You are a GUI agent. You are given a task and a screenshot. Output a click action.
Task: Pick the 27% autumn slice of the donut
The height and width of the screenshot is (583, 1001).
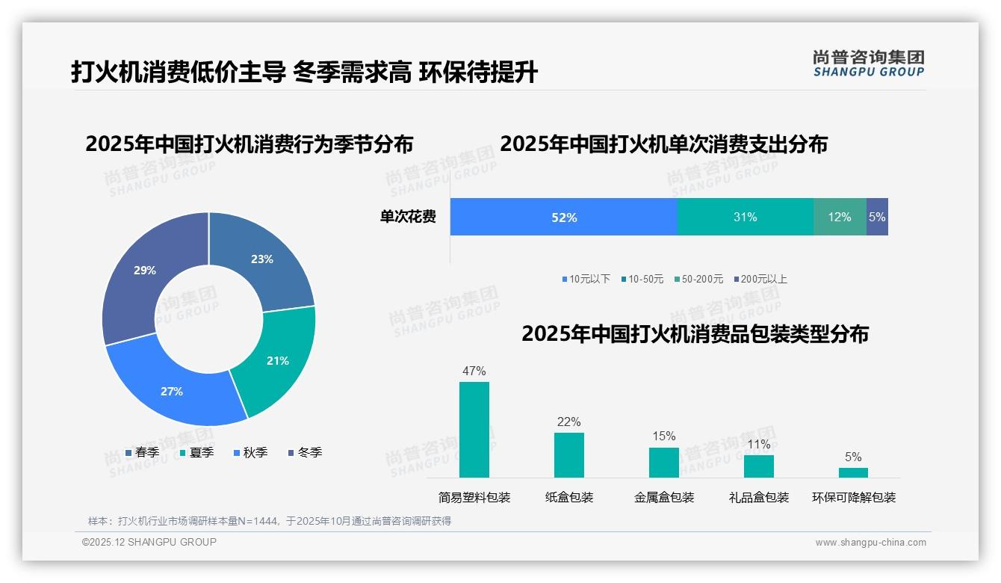click(x=172, y=391)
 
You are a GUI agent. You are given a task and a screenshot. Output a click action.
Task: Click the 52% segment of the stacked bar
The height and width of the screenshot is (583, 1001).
click(x=564, y=218)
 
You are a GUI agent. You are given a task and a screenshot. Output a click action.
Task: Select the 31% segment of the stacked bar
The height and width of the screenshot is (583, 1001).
click(x=745, y=218)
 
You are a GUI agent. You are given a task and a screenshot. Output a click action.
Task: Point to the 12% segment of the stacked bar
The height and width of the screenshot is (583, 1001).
click(x=840, y=218)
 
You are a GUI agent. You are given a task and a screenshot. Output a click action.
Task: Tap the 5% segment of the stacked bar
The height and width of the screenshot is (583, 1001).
click(x=877, y=218)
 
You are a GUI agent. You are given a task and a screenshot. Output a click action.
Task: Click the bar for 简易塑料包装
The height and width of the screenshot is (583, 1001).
click(x=474, y=430)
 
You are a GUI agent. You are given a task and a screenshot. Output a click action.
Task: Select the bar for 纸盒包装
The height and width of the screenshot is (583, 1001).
click(x=568, y=455)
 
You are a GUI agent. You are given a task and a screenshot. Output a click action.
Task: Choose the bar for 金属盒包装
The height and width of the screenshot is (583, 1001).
click(x=663, y=463)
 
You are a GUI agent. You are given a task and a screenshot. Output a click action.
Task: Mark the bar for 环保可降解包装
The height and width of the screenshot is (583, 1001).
click(x=853, y=472)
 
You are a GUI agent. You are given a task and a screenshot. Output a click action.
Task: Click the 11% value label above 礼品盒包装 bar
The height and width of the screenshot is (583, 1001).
click(x=758, y=445)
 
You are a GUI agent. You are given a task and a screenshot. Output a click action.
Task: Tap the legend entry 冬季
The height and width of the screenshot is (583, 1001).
click(x=305, y=452)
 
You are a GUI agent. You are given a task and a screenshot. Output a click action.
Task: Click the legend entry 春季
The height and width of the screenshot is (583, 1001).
click(x=142, y=452)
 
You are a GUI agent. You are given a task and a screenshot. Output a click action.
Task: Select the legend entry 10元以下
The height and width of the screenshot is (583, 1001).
click(x=586, y=279)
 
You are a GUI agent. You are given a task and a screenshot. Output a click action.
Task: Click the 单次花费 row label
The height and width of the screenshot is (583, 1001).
click(x=408, y=218)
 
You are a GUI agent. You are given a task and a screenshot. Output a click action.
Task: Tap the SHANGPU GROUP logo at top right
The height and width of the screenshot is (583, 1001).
click(x=868, y=64)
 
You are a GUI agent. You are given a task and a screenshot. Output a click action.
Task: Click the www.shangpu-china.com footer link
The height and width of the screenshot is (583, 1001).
click(x=870, y=543)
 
